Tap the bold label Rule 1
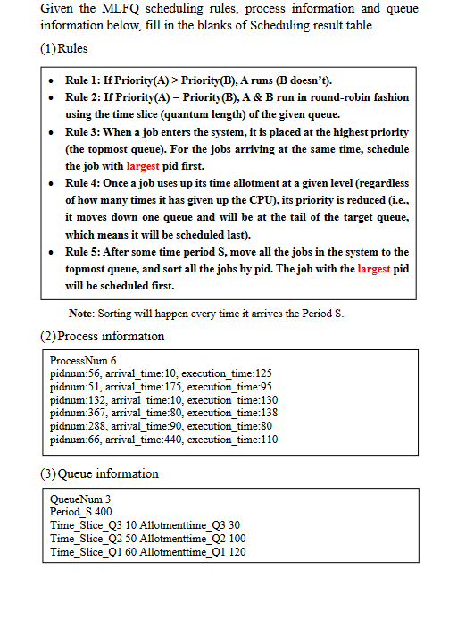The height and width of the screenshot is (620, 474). point(84,81)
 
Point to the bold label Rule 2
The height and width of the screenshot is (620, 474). point(84,97)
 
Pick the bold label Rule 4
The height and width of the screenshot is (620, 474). point(84,183)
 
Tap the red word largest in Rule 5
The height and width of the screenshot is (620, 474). point(374,269)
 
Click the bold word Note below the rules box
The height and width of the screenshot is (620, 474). point(82,313)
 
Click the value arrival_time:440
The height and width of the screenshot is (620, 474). point(139,440)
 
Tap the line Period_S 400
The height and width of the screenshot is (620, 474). point(81,512)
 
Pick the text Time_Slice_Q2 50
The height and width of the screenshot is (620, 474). point(95,539)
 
